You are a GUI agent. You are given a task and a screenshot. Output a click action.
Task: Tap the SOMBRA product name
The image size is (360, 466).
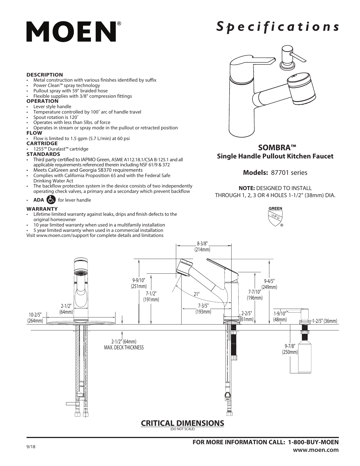pyautogui.click(x=275, y=148)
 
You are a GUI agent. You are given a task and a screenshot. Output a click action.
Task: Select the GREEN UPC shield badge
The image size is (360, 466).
pyautogui.click(x=275, y=217)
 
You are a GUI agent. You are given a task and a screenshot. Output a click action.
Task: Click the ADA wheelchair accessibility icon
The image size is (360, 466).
pyautogui.click(x=51, y=200)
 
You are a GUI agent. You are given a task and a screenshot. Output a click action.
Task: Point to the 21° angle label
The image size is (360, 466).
pyautogui.click(x=197, y=294)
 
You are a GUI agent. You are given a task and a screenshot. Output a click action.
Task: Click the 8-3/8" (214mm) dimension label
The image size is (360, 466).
pyautogui.click(x=202, y=247)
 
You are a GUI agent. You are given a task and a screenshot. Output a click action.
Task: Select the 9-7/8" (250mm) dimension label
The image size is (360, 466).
pyautogui.click(x=290, y=349)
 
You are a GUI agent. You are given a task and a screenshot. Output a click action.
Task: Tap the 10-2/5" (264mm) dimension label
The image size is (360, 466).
pyautogui.click(x=35, y=318)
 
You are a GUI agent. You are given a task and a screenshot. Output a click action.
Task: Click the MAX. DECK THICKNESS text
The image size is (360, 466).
pyautogui.click(x=124, y=347)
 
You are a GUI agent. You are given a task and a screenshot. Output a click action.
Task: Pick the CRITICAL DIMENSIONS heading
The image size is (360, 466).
pyautogui.click(x=182, y=423)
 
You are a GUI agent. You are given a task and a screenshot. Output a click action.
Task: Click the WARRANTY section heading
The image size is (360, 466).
pyautogui.click(x=42, y=209)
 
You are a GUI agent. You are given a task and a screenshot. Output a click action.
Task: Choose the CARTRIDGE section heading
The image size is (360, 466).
pyautogui.click(x=42, y=143)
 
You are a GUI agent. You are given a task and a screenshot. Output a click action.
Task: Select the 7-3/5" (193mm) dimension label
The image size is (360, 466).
pyautogui.click(x=203, y=309)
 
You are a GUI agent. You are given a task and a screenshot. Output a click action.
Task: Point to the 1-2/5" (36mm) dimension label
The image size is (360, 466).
pyautogui.click(x=324, y=321)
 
